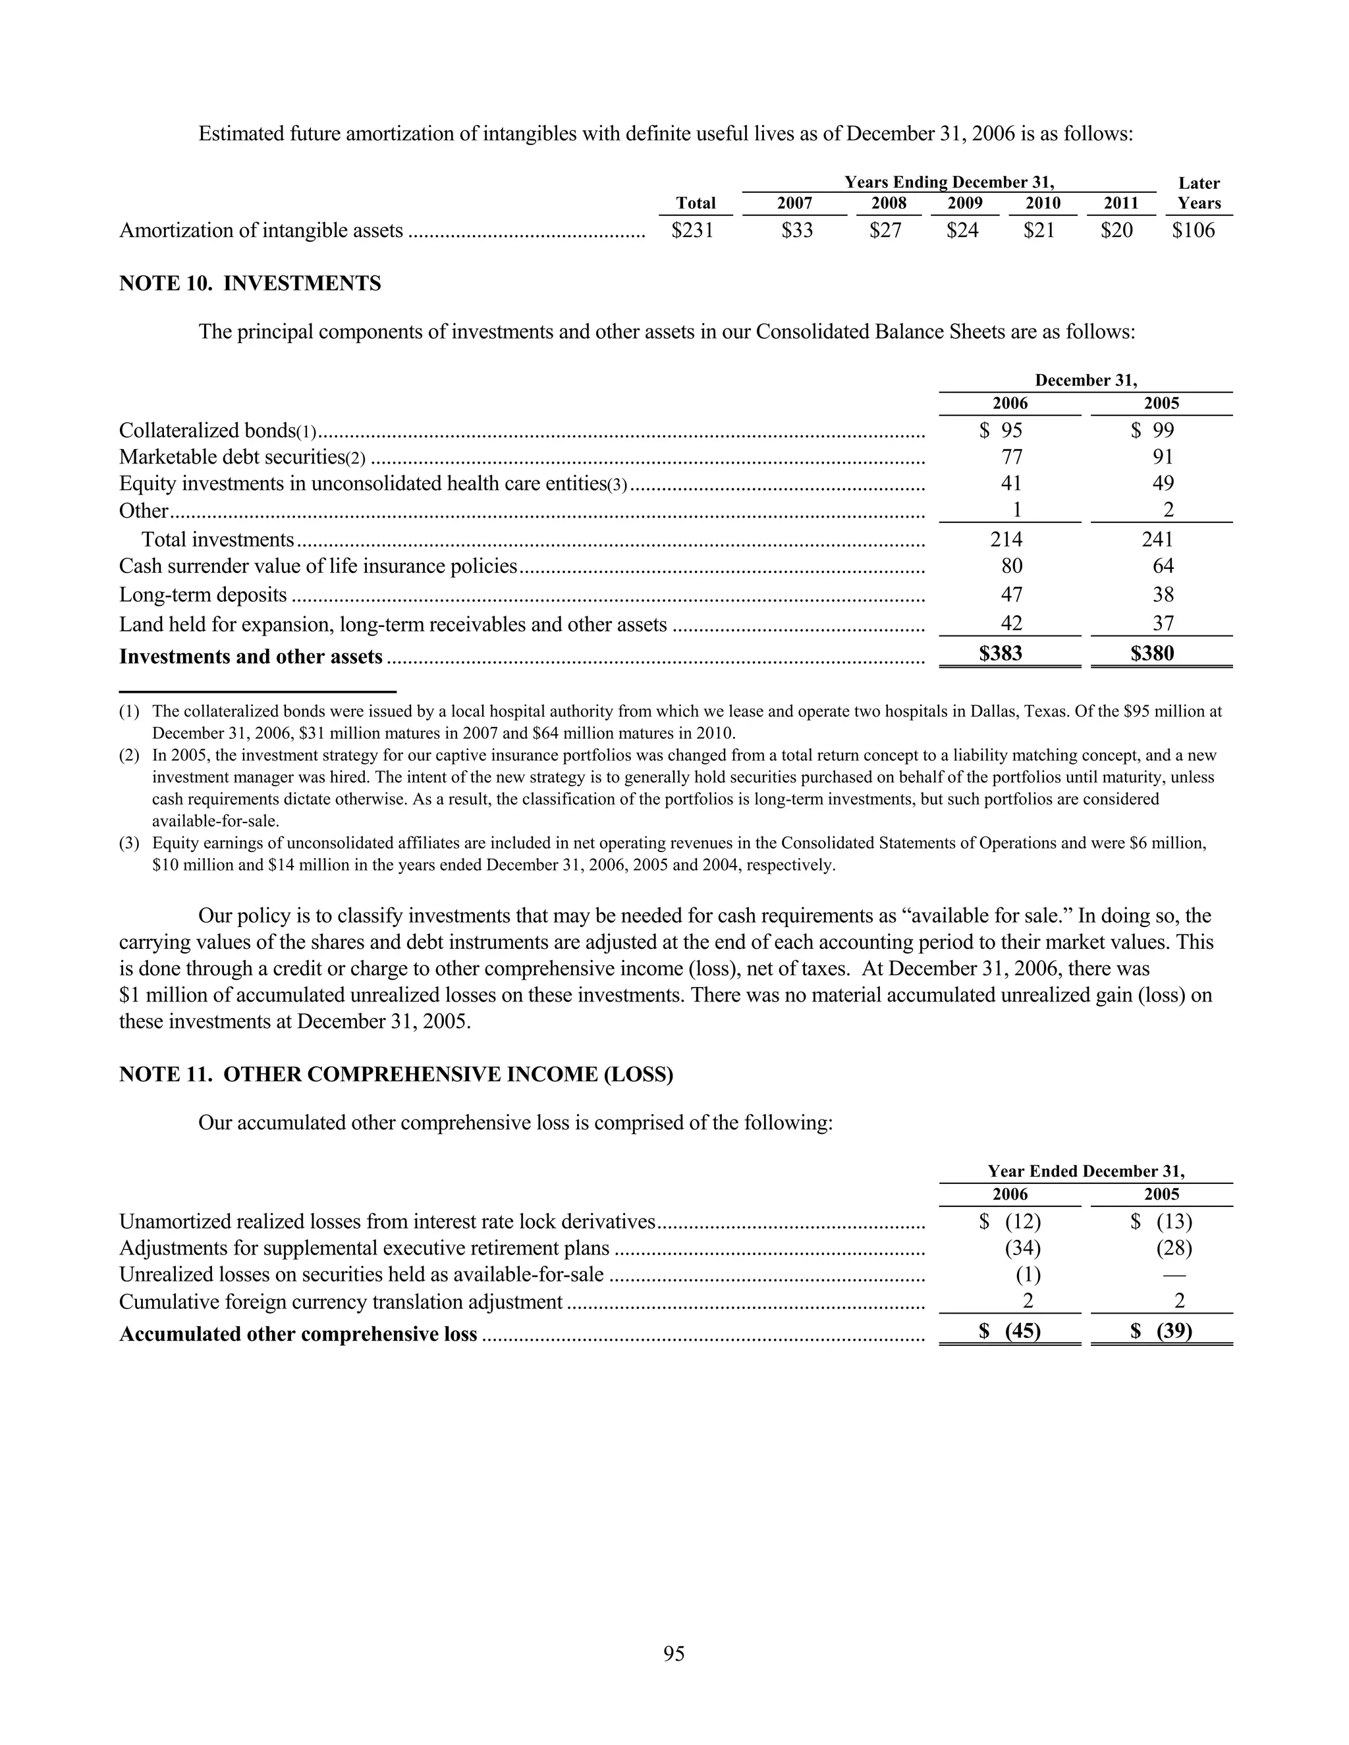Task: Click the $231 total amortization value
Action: pos(692,231)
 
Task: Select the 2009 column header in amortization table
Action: pos(964,203)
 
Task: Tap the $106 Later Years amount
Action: pos(1193,231)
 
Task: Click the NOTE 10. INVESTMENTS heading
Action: pos(250,284)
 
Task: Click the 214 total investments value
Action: pos(1006,539)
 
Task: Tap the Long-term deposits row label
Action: pos(203,595)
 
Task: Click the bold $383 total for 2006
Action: pos(1001,655)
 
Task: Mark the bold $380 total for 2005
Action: pos(1153,655)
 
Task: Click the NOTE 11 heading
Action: pos(396,1075)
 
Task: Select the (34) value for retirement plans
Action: pos(1022,1248)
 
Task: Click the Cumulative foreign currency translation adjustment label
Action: pos(341,1302)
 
